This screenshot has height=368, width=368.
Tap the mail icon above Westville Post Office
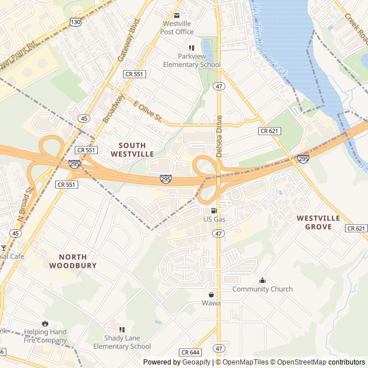pos(177,15)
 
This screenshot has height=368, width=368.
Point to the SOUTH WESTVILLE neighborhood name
pos(132,149)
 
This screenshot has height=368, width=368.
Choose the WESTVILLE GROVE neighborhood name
pos(319,223)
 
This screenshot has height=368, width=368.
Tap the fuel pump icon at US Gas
pos(214,210)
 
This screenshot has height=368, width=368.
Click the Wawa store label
pos(211,303)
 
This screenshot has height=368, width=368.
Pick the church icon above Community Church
pos(263,281)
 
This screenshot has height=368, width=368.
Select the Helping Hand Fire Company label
pos(45,336)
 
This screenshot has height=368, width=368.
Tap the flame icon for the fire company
pos(45,324)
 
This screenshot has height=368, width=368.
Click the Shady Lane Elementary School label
pos(122,342)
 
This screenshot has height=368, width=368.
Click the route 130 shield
pos(75,21)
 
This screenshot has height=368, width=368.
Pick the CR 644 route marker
pos(190,352)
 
